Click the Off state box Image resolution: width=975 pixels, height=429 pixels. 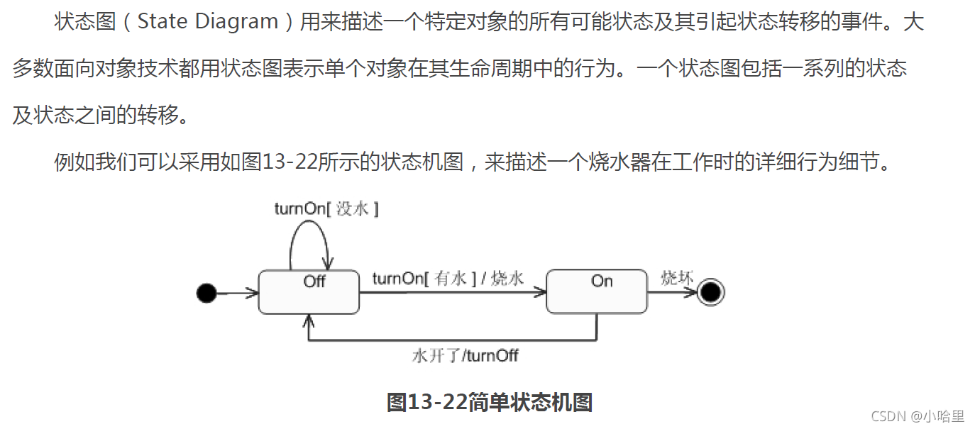point(309,291)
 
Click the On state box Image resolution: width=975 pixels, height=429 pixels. point(596,291)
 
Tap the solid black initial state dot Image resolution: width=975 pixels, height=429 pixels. point(206,292)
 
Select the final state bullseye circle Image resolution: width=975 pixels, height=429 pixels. point(710,292)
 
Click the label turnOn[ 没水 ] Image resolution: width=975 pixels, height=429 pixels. point(326,208)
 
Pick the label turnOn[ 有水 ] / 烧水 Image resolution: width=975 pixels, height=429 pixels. point(448,279)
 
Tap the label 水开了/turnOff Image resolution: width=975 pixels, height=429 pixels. point(465,355)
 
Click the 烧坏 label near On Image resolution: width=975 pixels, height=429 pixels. point(677,277)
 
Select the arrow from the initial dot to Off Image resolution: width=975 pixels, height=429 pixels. point(237,292)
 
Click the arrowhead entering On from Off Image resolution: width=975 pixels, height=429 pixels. point(541,292)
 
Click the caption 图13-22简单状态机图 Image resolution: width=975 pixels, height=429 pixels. point(489,402)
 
